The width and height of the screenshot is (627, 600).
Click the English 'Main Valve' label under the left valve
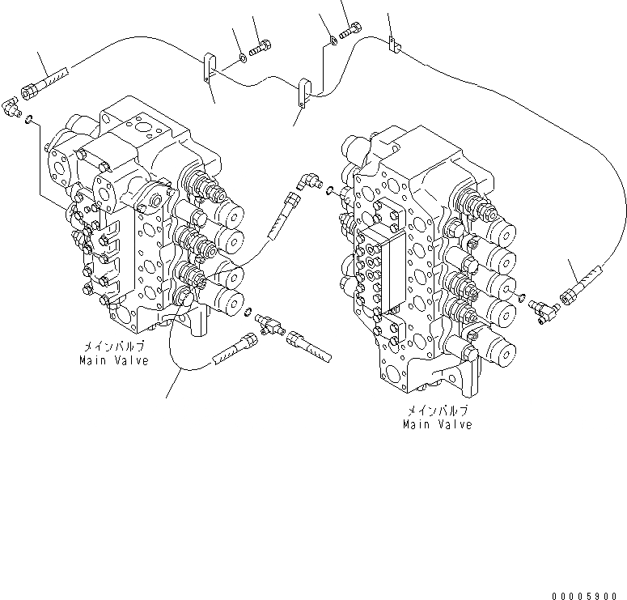[x=114, y=360]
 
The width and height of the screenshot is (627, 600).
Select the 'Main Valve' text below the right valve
[x=438, y=424]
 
